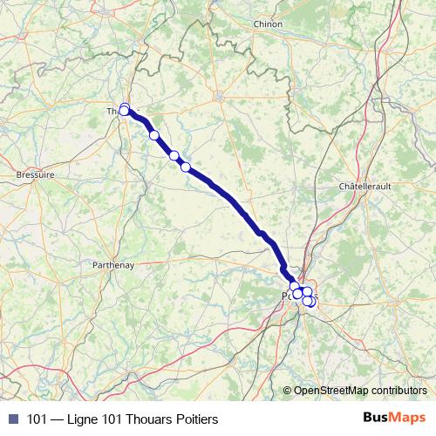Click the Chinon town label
click(x=268, y=24)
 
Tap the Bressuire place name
click(x=35, y=174)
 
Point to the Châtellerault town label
click(x=368, y=187)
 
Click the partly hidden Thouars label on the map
click(x=112, y=112)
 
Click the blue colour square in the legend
click(x=13, y=419)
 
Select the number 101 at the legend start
click(x=37, y=419)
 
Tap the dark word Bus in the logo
click(x=376, y=418)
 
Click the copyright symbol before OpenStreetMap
click(x=287, y=391)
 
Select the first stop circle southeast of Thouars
click(x=154, y=135)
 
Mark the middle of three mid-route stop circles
click(x=174, y=156)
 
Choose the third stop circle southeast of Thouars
click(x=185, y=167)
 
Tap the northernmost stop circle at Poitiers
click(x=295, y=286)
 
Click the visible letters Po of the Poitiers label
click(x=287, y=297)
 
